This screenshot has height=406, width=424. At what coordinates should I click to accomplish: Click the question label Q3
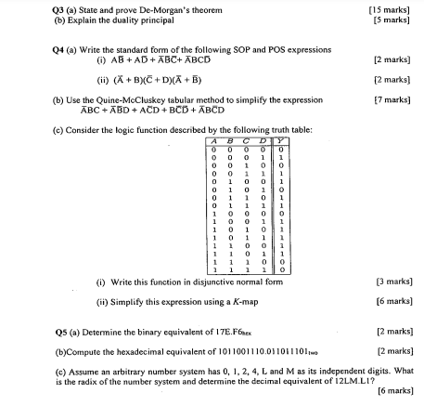tap(27, 8)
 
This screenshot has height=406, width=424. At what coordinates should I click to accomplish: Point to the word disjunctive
tap(166, 279)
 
